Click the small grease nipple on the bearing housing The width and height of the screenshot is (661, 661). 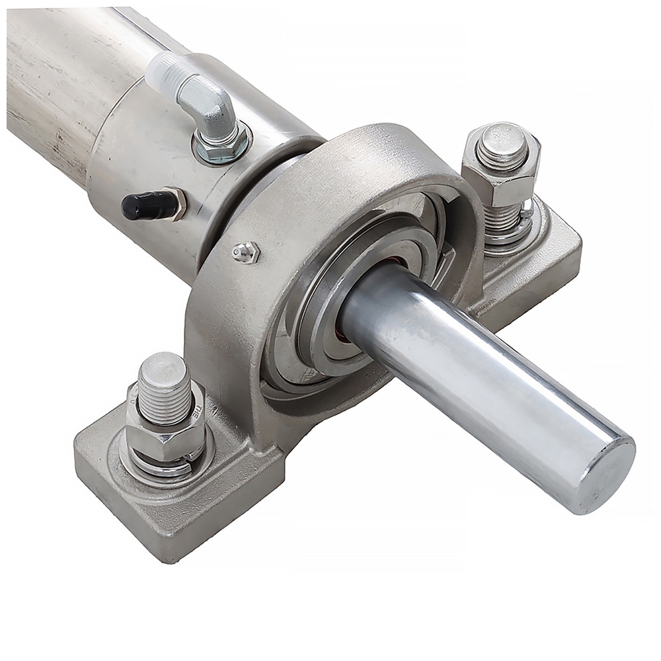(x=245, y=251)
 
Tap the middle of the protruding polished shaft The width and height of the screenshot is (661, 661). (x=476, y=383)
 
